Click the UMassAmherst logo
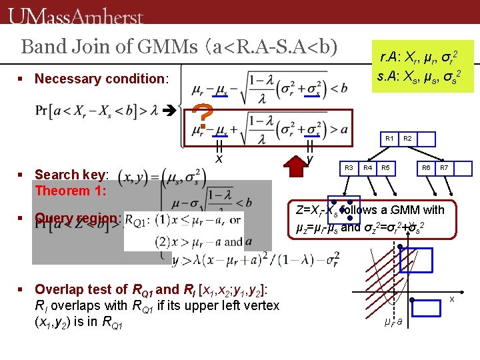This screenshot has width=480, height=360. coord(77,15)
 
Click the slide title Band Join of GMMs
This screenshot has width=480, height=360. coord(179,47)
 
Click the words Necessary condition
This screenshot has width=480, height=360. coord(100,79)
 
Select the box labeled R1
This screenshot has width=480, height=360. coord(389,139)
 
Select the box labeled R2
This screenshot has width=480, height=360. coord(408,139)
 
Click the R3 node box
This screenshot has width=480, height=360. coord(348,167)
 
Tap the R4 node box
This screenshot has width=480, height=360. coord(367,167)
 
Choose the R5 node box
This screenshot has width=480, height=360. coord(386,167)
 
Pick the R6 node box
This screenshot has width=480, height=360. coord(426,167)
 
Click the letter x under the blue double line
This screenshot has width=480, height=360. coord(219,159)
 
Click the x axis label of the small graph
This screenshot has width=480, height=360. coord(451,299)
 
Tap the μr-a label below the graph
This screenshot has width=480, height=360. coord(393,323)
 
